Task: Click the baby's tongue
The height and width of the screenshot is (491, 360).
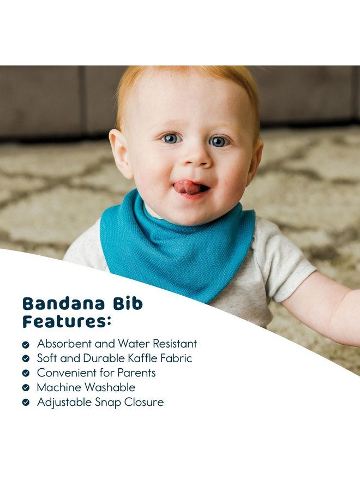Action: [187, 187]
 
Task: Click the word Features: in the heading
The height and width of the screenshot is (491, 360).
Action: [66, 322]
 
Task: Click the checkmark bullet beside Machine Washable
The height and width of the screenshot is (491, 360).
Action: [26, 388]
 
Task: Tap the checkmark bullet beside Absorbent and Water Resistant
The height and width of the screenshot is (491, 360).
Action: [26, 345]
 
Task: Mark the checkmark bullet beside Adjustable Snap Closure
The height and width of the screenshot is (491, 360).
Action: [26, 403]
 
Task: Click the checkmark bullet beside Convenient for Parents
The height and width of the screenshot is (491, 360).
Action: [26, 374]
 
